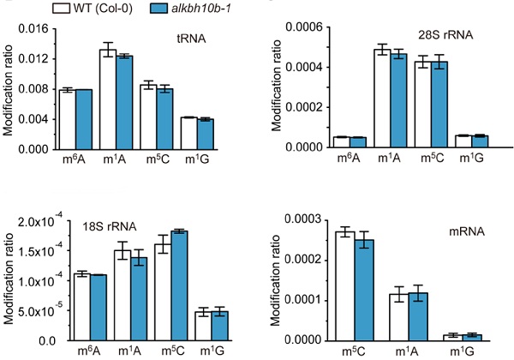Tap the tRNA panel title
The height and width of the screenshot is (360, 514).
(x=198, y=38)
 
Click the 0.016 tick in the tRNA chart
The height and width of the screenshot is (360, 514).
(x=35, y=28)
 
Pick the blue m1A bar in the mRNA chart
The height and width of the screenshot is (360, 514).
(x=417, y=316)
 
